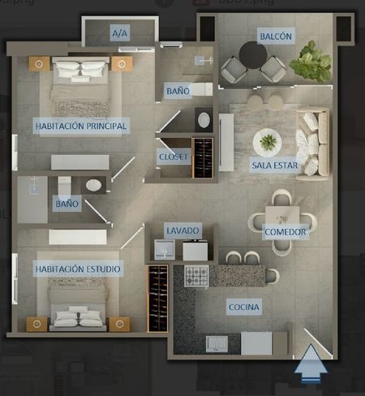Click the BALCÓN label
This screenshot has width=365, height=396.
pos(276,36)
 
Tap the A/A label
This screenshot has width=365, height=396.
pos(120,33)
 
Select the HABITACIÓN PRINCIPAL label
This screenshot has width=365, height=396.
pos(81,126)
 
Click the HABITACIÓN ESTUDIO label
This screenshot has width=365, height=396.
pos(78,269)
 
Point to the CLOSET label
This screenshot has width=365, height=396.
pos(174,157)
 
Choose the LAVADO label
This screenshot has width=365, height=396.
pos(182,230)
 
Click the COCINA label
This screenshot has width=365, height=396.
pos(244,307)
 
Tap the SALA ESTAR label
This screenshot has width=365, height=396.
pos(275,165)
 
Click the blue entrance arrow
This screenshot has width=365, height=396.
pos(311,363)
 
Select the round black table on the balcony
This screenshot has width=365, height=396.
pos(253,54)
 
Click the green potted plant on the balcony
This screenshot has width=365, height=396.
pos(311,62)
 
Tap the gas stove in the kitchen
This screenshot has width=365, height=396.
pos(196,276)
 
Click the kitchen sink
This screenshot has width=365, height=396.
pos(217,344)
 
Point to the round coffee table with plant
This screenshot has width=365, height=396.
pos(267,142)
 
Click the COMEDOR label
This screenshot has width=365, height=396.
pos(286,232)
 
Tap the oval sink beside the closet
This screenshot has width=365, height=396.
pos(204,120)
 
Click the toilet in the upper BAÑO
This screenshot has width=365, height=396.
pos(202,89)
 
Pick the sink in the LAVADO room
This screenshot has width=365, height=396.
pos(165,250)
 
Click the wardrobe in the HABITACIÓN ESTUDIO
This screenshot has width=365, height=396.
pos(157,299)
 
